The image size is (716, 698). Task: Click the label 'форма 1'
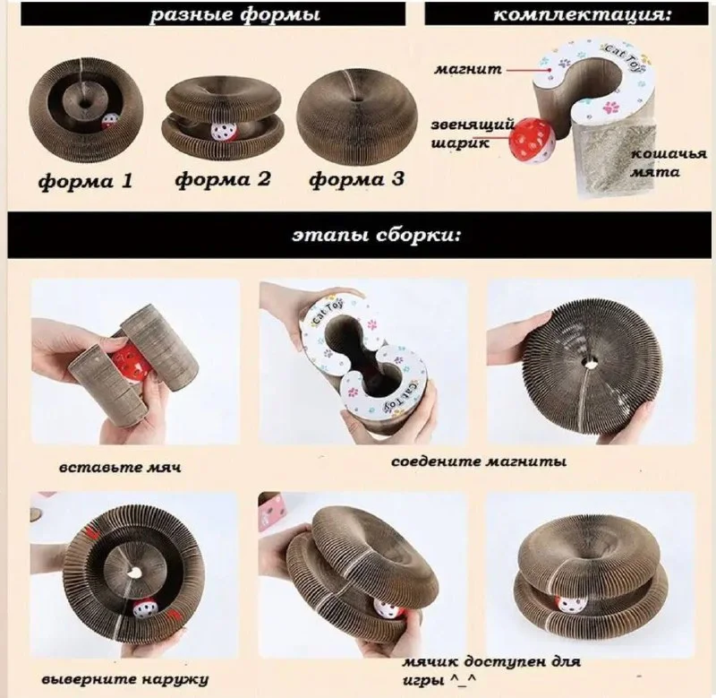[85, 181]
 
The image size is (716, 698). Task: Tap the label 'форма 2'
[223, 178]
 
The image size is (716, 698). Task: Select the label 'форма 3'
[356, 178]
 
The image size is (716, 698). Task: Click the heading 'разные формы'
[235, 13]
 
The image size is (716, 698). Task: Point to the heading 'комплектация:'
[583, 13]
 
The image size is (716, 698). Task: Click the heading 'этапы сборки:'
[376, 236]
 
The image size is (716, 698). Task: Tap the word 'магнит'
[467, 70]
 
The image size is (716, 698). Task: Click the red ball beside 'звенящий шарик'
[533, 140]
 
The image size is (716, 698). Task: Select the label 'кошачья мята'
[669, 163]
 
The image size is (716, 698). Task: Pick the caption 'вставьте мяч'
[120, 467]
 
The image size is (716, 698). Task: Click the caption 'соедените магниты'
[479, 461]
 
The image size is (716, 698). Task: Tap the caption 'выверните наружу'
[124, 679]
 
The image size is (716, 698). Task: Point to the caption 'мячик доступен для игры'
[491, 670]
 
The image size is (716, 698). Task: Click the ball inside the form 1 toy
[109, 122]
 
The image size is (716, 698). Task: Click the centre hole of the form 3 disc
[355, 99]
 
